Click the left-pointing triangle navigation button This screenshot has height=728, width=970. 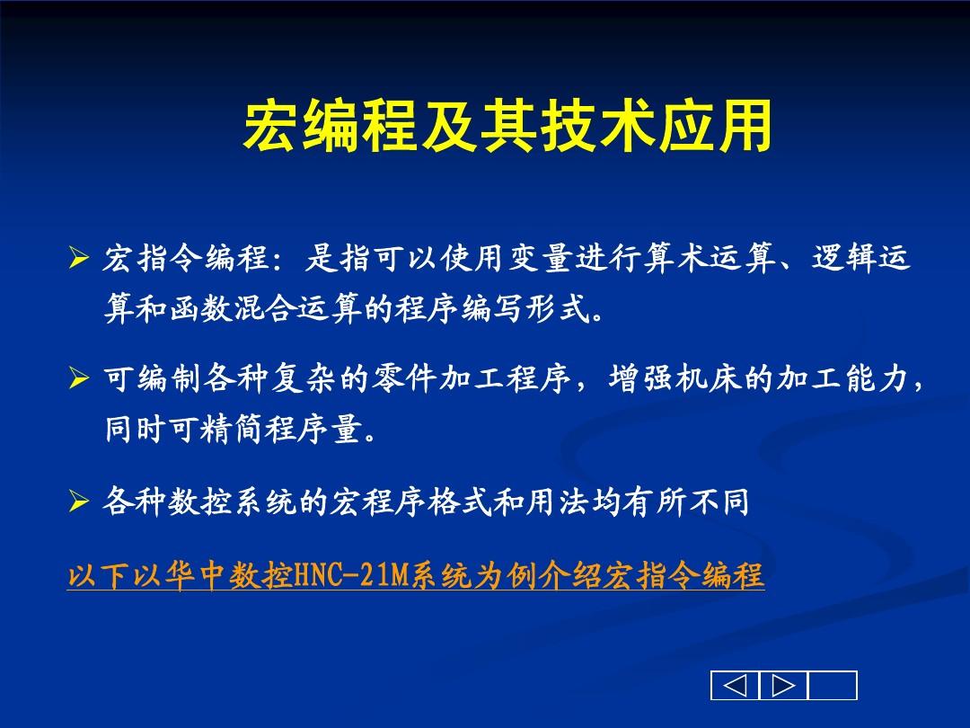(735, 686)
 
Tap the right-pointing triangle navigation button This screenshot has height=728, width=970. (783, 686)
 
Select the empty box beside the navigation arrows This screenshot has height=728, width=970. (833, 686)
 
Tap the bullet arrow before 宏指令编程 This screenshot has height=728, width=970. (78, 261)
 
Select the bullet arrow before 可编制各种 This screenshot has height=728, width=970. (78, 381)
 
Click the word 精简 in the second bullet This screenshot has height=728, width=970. (236, 431)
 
